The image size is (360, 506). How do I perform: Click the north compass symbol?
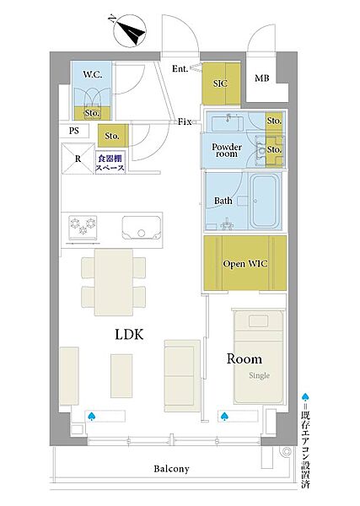point(130,30)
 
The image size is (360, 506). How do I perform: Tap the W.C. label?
point(93,74)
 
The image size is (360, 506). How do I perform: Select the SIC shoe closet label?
point(220,83)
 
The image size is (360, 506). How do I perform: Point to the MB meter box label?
point(262,78)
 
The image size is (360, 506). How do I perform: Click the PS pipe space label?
point(74,131)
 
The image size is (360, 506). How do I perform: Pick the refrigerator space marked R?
point(78,159)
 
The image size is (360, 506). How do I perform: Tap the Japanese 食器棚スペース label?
point(110,163)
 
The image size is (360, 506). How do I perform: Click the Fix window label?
point(185,121)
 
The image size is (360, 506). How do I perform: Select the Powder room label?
point(227,150)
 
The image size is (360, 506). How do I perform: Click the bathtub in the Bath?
point(265,201)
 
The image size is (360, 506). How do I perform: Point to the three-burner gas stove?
point(83,228)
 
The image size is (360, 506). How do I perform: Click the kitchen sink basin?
point(142,228)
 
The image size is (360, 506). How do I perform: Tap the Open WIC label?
point(245,264)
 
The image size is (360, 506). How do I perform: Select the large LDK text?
point(129,334)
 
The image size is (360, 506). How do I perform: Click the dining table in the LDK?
point(114,282)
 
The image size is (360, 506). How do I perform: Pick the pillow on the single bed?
point(258,321)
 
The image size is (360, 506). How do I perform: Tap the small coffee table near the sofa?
point(121,375)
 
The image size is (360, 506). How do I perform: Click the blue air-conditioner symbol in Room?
point(224,417)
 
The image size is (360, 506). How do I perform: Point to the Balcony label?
point(171,469)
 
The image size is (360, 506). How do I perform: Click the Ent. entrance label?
point(180,68)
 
